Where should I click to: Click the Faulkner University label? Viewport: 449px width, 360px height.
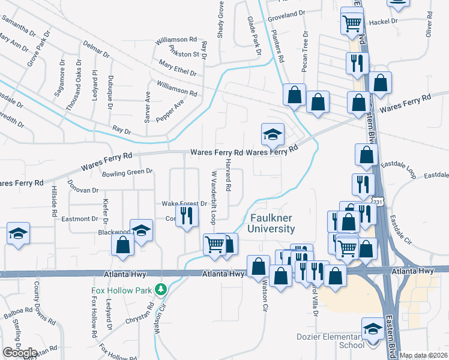click(272, 223)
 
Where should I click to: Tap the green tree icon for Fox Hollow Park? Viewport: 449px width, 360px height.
click(160, 289)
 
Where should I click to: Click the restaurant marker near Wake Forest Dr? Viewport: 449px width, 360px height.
click(187, 215)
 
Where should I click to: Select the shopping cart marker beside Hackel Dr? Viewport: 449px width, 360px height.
click(352, 23)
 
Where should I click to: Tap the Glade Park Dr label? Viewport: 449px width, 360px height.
click(255, 37)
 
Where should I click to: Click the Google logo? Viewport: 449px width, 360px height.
click(20, 352)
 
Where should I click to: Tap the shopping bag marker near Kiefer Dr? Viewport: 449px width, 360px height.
click(123, 245)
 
